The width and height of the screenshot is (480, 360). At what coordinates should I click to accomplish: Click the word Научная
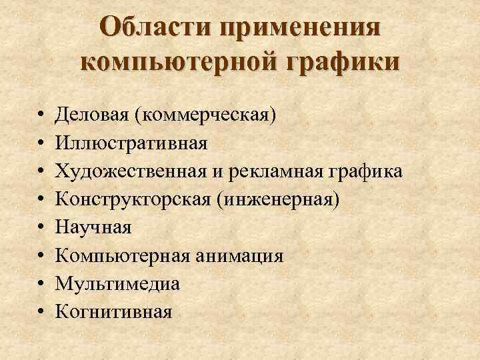pyautogui.click(x=93, y=227)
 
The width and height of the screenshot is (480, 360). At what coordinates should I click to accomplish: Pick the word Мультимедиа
pyautogui.click(x=117, y=283)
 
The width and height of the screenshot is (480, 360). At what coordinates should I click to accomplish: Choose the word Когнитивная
pyautogui.click(x=113, y=311)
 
